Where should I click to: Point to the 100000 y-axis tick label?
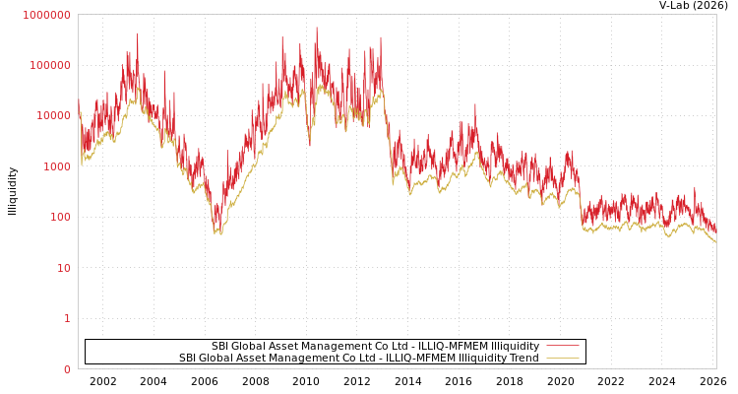pos(50,65)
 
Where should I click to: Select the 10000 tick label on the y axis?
pos(53,116)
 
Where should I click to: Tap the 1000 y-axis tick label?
pos(56,166)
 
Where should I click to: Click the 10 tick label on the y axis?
pos(63,268)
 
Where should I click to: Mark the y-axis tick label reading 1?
pos(67,318)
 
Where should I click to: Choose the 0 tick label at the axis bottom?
pos(67,369)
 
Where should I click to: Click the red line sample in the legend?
pos(562,346)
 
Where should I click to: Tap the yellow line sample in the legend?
pos(562,358)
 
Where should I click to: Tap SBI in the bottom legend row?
pos(187,359)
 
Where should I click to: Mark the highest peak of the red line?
pos(317,28)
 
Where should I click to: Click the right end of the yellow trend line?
pos(716,241)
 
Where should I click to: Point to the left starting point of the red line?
pos(79,99)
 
